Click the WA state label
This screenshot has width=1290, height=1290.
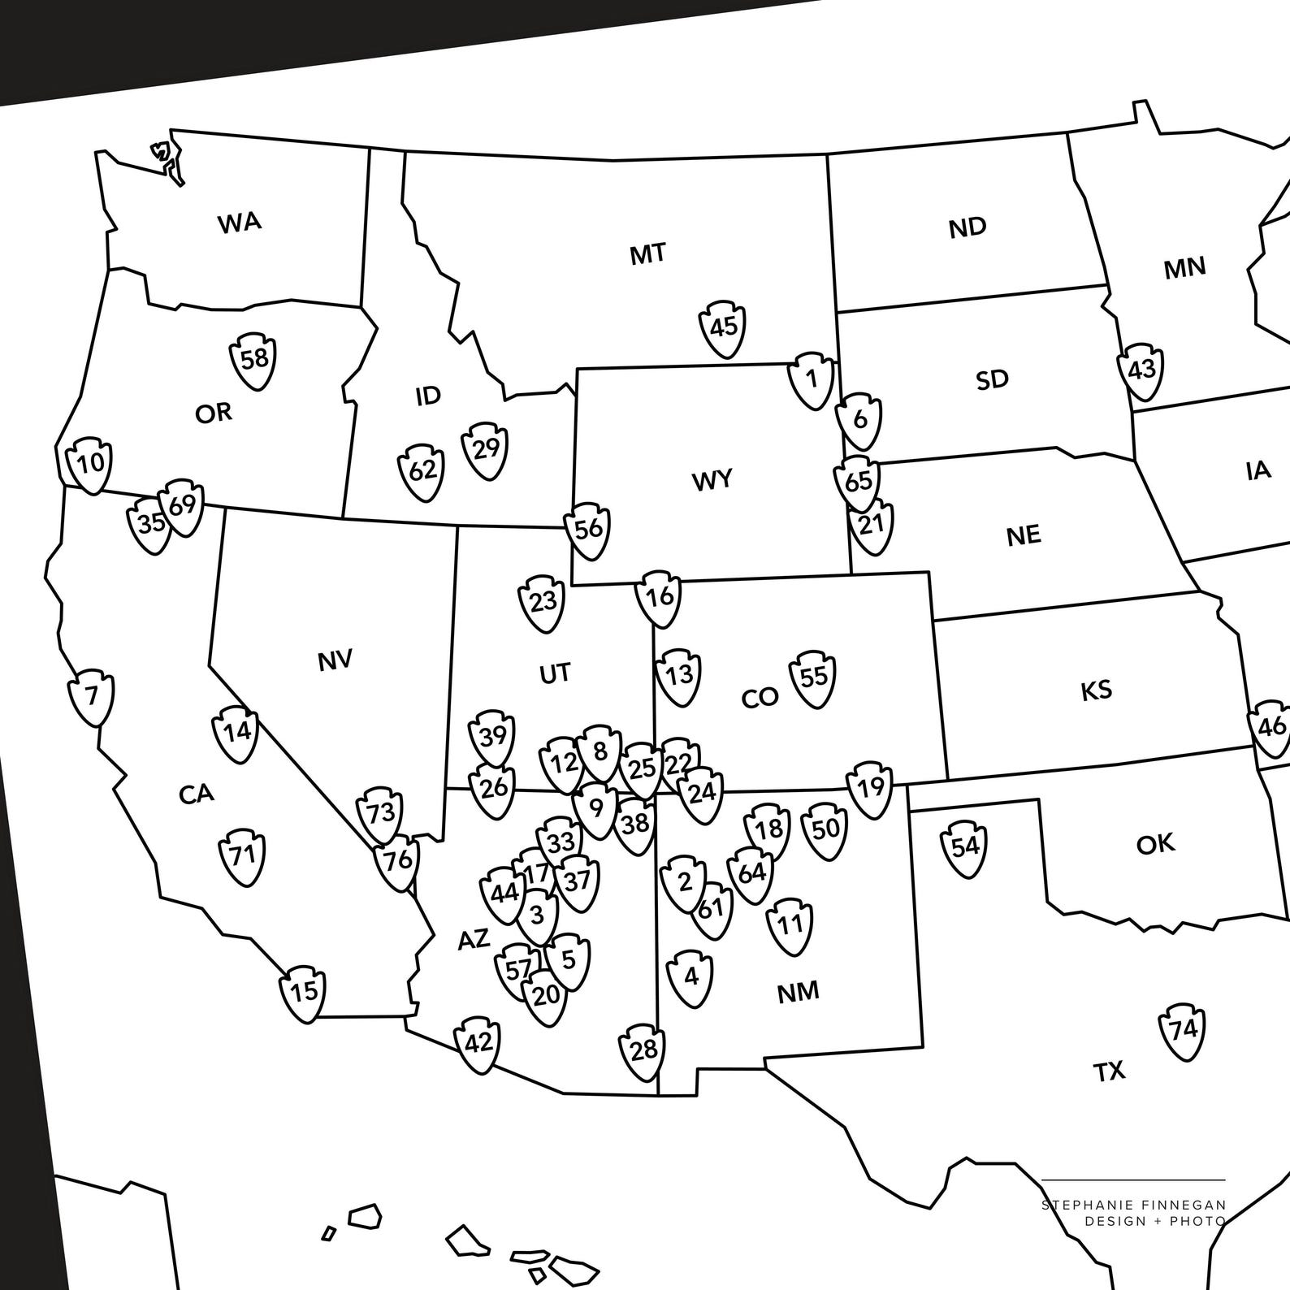tap(240, 222)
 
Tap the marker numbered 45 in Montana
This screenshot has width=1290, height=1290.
tap(723, 327)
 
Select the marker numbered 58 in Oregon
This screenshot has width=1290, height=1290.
tap(254, 358)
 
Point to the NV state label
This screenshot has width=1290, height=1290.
tap(335, 660)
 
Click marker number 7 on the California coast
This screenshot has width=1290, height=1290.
tap(91, 697)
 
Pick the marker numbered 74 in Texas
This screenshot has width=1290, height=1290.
tap(1182, 1030)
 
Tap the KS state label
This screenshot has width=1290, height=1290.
tap(1096, 691)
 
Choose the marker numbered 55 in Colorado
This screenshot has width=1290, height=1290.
tap(813, 677)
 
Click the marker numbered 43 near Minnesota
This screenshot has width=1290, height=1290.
tap(1141, 370)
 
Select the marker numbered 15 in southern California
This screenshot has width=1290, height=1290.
tap(303, 992)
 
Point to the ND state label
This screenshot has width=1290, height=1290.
tap(967, 227)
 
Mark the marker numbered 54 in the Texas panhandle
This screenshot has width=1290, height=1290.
tap(964, 847)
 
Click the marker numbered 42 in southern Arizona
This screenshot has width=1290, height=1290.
tap(478, 1043)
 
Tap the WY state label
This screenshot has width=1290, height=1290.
tap(712, 480)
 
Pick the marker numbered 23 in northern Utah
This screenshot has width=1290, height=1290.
tap(542, 602)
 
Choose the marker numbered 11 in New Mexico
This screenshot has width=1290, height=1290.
tap(790, 924)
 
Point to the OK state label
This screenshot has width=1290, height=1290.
tap(1155, 844)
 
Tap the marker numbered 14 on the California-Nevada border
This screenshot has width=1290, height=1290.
tap(236, 733)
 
